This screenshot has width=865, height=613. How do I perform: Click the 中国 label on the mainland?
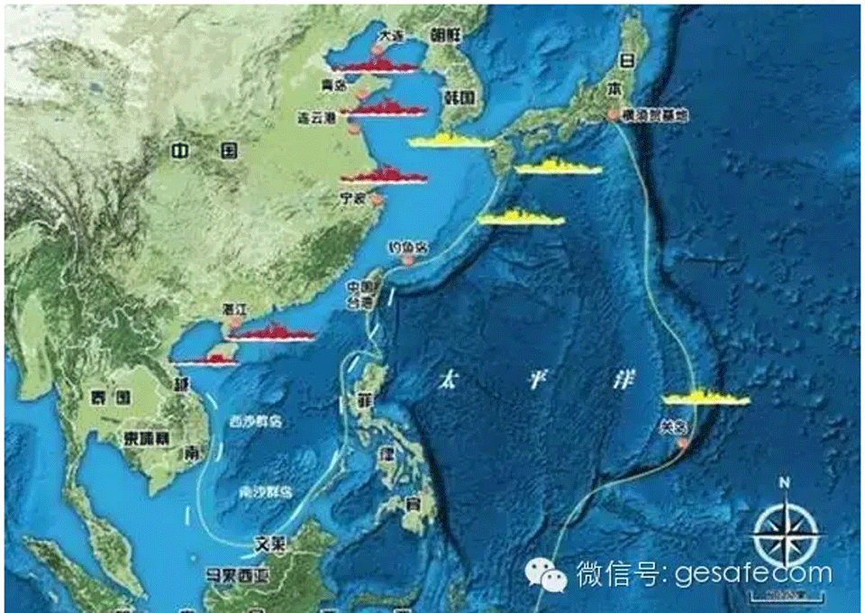206,150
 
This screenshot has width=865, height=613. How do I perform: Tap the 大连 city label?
392,34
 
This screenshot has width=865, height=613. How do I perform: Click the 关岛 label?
675,430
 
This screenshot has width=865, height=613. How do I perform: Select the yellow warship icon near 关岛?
705,398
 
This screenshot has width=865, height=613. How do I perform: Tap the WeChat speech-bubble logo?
547,573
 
